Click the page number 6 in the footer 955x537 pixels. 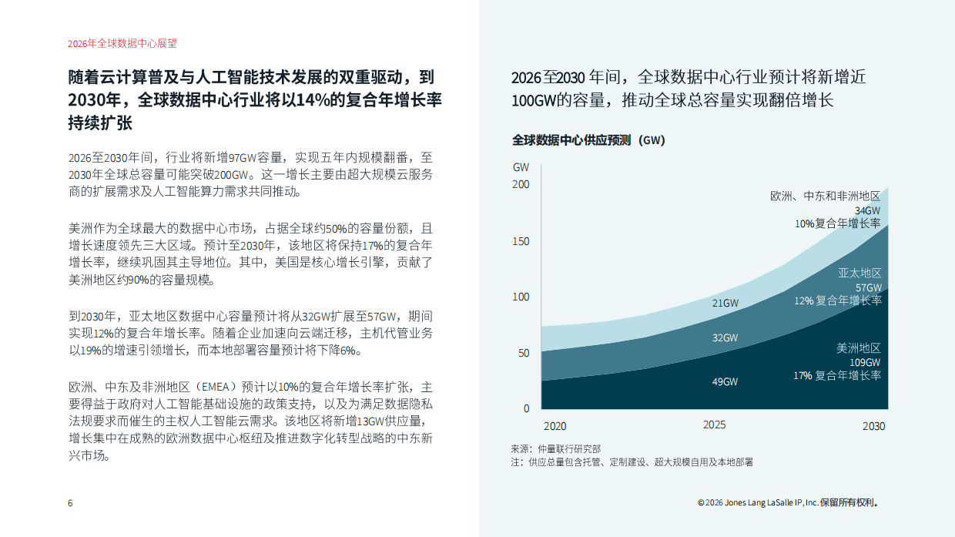point(70,503)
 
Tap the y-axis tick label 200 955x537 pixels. point(521,185)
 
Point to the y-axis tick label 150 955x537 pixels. point(521,241)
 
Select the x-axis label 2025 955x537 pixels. point(714,425)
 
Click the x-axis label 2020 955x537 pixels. point(555,426)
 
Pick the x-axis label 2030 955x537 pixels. point(873,426)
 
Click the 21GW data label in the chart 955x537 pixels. point(725,303)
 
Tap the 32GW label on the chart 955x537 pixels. point(725,337)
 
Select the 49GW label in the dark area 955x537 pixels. point(725,381)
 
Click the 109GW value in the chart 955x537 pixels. point(865,362)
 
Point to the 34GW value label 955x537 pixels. point(867,210)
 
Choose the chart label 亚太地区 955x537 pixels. point(859,274)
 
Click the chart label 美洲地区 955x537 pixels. point(859,348)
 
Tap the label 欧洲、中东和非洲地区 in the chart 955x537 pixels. point(826,196)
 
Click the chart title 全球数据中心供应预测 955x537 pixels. point(571,140)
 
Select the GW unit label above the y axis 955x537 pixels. point(521,167)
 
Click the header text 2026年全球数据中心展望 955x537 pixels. point(117,44)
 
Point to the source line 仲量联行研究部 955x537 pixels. point(571,448)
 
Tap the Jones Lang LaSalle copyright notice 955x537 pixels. point(787,503)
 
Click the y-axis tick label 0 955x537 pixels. point(527,408)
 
